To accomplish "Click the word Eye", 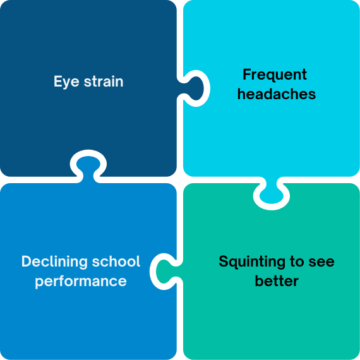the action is [x=66, y=82].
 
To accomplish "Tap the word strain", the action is [x=104, y=81].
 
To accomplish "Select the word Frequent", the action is [x=275, y=75].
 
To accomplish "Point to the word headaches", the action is [x=277, y=94].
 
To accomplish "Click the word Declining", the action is [x=54, y=262].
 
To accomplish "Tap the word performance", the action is [x=81, y=282].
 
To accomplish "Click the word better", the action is [x=277, y=281].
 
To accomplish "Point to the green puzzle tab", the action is [x=165, y=272].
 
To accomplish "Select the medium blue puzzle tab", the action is [x=88, y=167].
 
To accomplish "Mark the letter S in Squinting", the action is [x=224, y=261].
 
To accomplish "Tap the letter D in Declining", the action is [x=27, y=261].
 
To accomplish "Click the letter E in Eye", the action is [x=58, y=81].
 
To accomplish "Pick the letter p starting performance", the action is [x=39, y=283].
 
